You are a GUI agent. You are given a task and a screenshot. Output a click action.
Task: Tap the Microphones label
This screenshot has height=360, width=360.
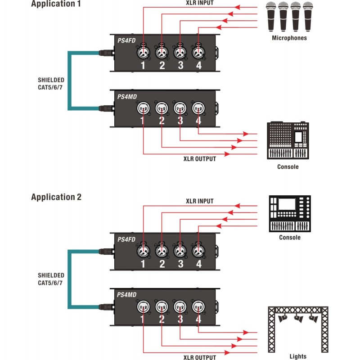point(289,38)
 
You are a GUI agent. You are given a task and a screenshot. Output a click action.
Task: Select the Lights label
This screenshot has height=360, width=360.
point(298,356)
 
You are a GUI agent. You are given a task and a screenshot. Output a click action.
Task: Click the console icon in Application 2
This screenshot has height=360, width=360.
point(289,214)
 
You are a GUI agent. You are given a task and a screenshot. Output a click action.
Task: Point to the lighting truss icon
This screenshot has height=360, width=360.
point(298,328)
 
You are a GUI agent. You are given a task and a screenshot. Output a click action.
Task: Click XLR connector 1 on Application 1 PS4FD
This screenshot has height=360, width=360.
point(143,53)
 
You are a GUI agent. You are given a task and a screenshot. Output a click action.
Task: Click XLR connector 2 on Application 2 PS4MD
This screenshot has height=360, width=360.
point(162,307)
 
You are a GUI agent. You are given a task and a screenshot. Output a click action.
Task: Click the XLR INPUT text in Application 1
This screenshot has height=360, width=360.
point(199,3)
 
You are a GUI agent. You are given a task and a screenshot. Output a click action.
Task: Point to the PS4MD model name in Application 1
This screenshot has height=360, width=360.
point(126,96)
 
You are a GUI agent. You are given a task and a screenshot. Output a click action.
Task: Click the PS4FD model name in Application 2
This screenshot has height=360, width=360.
point(126,239)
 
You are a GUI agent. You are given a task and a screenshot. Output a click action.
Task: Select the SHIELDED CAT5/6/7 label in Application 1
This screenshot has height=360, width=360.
point(51,84)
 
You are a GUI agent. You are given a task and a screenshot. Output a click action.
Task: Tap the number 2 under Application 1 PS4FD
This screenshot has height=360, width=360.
point(162,66)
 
